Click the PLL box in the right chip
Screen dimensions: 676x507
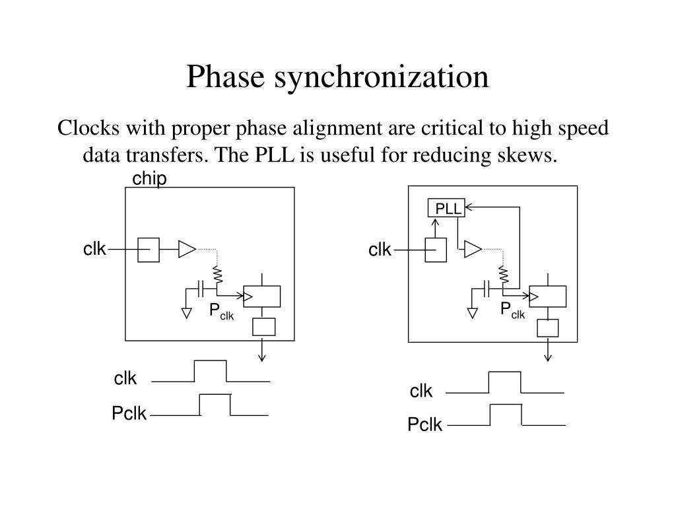pos(446,208)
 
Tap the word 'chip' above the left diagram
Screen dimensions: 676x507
pos(149,178)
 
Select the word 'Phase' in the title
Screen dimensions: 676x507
pos(225,77)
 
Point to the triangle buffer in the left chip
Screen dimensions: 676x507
pos(187,249)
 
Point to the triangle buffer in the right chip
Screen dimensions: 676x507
pos(473,249)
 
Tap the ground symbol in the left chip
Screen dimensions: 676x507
pos(187,314)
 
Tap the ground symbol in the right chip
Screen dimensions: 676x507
pos(473,314)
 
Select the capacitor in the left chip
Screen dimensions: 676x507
pos(200,289)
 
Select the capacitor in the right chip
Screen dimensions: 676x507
pos(487,289)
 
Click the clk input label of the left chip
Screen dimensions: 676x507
pos(94,249)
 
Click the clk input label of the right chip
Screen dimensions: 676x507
pos(380,250)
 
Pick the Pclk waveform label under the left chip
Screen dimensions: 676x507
pos(129,413)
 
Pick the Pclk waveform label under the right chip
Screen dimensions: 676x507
pos(424,424)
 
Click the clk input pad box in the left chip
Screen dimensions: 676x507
pos(149,250)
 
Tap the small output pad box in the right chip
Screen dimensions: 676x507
pos(547,328)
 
